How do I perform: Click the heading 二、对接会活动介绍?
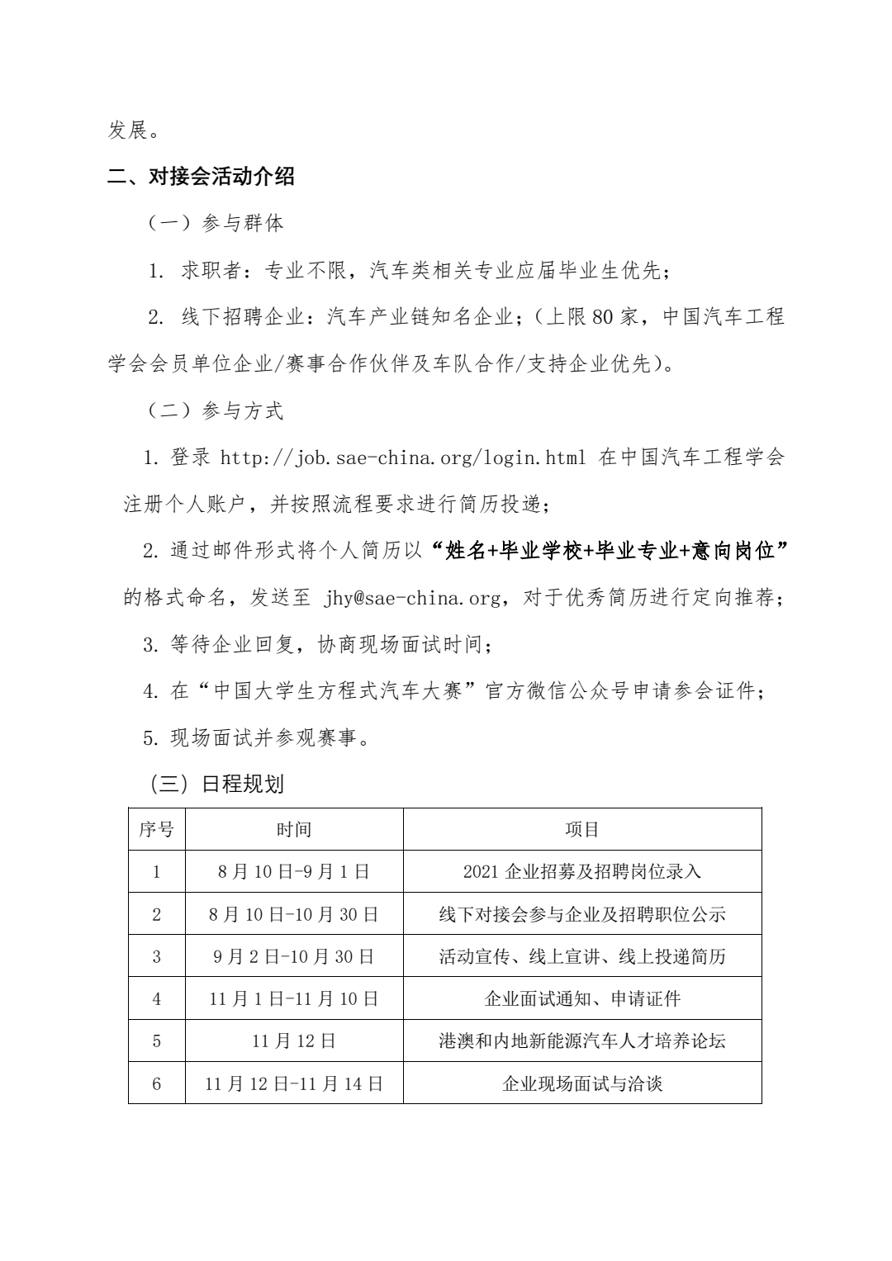click(202, 177)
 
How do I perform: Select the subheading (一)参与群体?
click(216, 223)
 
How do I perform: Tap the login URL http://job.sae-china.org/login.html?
click(403, 457)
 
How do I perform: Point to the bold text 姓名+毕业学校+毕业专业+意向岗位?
click(610, 551)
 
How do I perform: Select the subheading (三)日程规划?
click(216, 784)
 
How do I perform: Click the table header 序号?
click(156, 829)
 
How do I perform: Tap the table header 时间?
click(294, 829)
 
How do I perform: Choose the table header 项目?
click(582, 829)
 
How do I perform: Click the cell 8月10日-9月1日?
click(294, 871)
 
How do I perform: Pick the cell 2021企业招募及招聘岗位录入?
click(582, 871)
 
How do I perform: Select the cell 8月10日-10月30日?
click(294, 914)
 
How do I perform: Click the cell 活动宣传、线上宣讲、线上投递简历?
click(582, 956)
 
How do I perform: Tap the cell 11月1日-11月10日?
click(294, 998)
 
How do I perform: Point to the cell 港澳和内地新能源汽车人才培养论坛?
click(582, 1041)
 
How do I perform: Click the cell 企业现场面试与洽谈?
click(582, 1083)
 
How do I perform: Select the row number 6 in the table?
click(156, 1083)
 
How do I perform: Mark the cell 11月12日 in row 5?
click(294, 1041)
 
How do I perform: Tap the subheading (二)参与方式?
click(216, 411)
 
